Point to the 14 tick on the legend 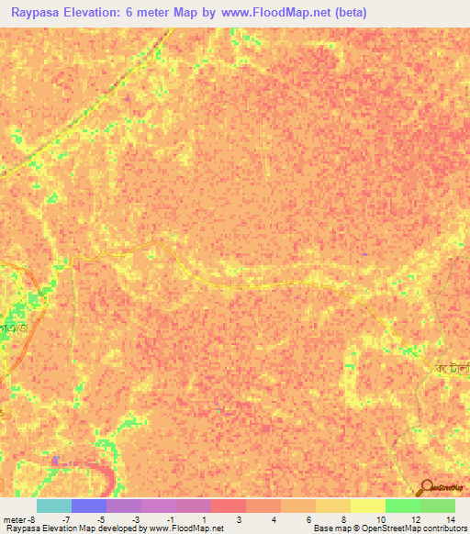click(449, 519)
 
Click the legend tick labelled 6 click(308, 519)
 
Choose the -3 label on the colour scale click(135, 519)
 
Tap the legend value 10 click(379, 519)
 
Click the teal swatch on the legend click(53, 506)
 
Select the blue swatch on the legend click(88, 506)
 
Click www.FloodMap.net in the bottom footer click(185, 528)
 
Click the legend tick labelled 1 click(204, 519)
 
